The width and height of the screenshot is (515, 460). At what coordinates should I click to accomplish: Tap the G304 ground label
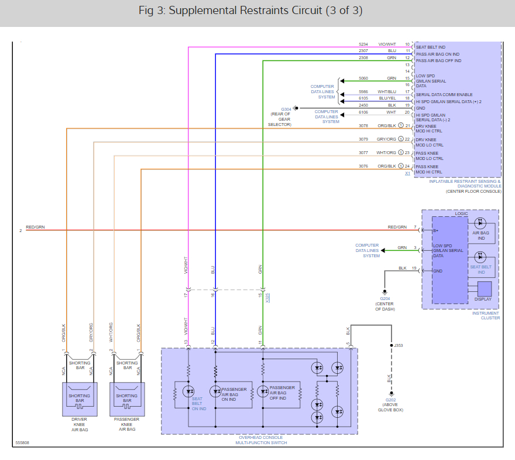(286, 109)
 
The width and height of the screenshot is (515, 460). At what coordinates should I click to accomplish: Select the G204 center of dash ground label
(385, 298)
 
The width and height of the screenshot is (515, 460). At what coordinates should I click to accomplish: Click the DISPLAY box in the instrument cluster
(483, 291)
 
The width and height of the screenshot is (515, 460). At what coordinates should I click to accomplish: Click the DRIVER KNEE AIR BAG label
(79, 424)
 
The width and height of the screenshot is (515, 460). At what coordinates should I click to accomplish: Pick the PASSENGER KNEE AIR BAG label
(127, 424)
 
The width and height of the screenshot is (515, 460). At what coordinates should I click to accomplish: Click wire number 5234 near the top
(363, 45)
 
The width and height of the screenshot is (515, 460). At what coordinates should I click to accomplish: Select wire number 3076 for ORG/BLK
(363, 166)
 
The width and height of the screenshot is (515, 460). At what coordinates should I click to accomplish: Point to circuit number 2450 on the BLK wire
(363, 105)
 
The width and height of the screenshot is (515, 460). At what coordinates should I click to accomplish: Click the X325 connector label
(267, 298)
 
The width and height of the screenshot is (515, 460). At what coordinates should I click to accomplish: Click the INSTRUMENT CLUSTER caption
(486, 315)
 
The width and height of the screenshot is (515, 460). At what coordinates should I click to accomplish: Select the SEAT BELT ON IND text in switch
(198, 404)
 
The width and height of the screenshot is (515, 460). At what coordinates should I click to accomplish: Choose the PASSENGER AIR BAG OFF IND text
(282, 392)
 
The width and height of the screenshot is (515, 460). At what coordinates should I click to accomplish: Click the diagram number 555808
(23, 443)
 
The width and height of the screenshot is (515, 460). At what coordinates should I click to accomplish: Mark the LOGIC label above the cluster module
(461, 214)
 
